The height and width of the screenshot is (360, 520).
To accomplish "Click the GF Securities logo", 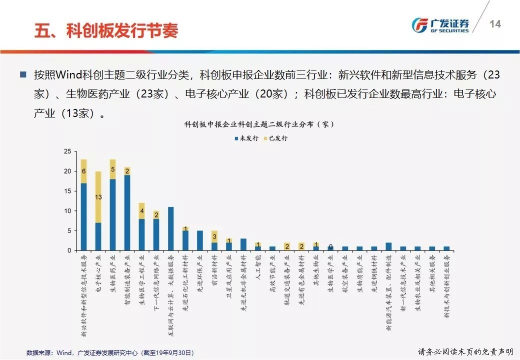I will pos(440,25).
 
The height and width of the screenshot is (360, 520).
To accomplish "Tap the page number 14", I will pos(495,24).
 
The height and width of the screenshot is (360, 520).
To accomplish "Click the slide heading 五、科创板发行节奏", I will pos(106,30).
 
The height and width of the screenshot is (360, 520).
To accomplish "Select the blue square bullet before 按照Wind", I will pos(22,75).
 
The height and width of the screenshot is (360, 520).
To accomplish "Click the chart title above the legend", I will pos(259,123).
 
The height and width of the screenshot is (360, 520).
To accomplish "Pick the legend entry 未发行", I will pos(246,138).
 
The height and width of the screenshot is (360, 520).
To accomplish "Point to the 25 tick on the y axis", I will pos(67,151).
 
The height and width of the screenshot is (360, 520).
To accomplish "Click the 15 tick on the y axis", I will pos(67,191).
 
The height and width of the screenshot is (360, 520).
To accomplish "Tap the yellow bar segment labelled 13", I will pos(98,197).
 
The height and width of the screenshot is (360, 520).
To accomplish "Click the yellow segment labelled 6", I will pos(83,171).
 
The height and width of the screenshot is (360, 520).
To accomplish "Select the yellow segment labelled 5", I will pos(113,169).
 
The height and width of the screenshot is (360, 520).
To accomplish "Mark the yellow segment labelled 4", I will pos(142,211).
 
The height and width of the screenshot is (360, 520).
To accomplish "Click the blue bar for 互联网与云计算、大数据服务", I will pos(171,228).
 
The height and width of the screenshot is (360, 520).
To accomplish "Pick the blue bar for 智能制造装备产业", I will pos(127,212).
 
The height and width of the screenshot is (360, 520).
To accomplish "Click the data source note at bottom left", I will pos(109,352).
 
